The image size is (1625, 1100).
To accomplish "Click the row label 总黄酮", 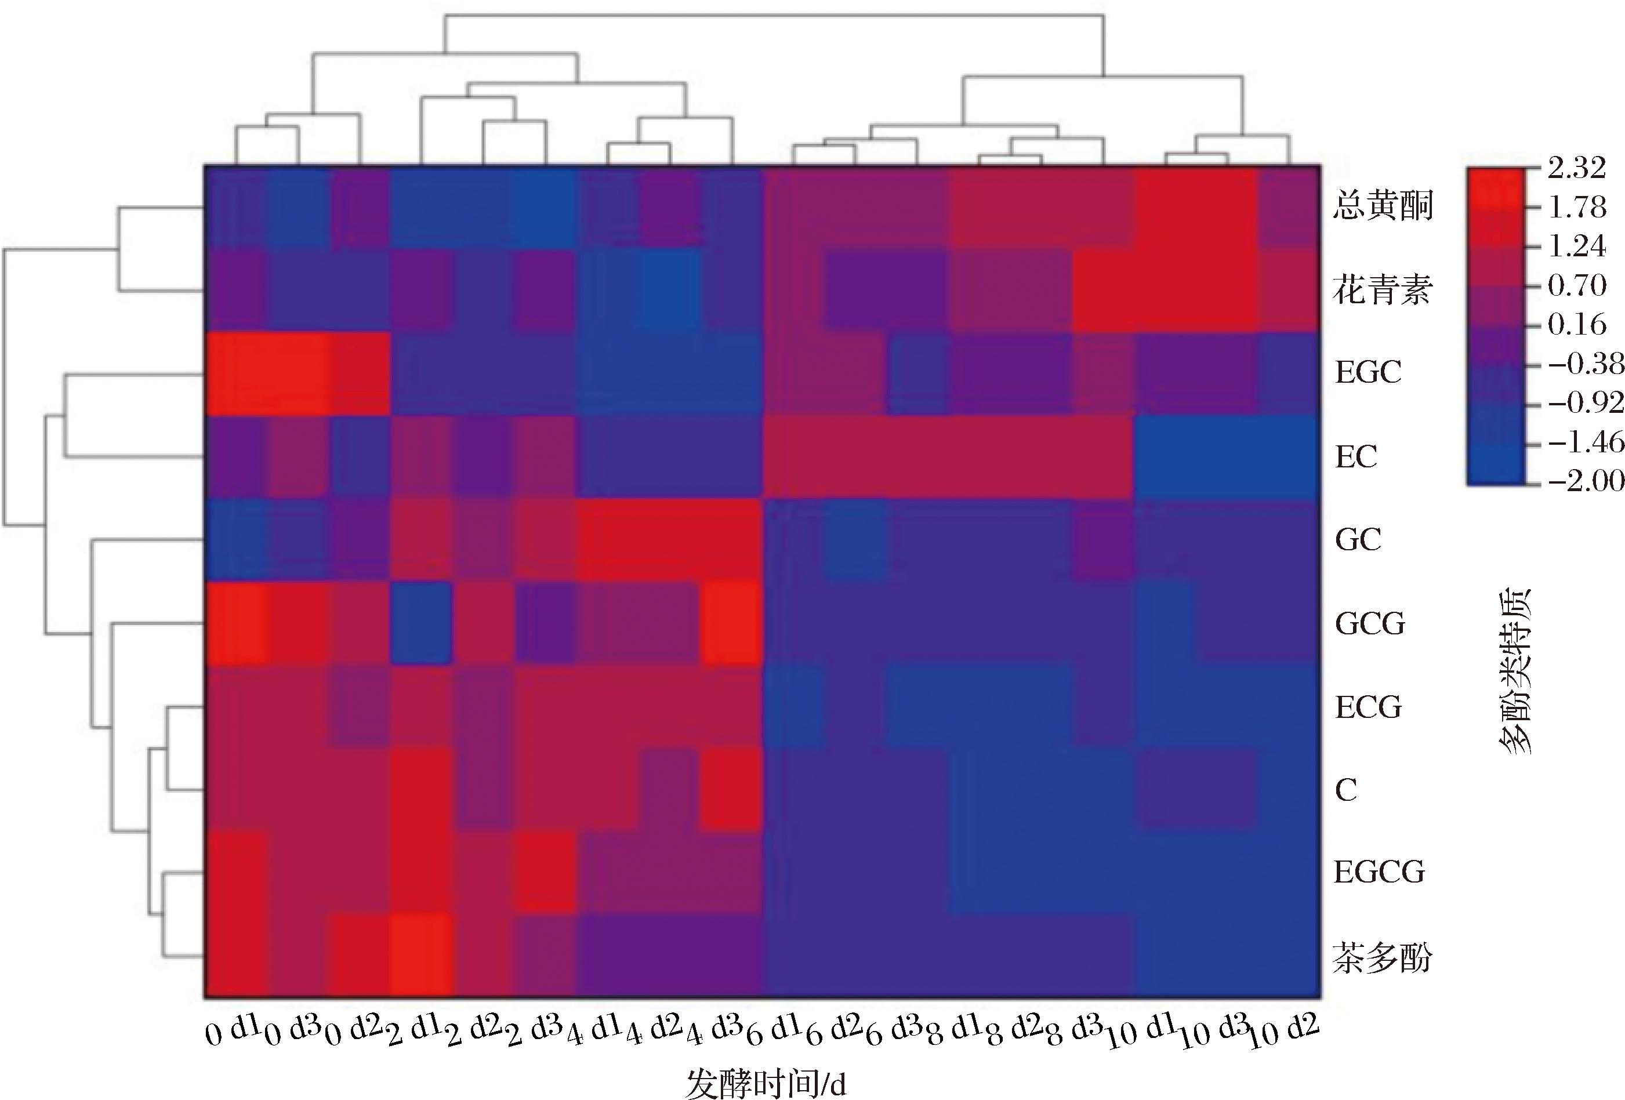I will pyautogui.click(x=1383, y=206).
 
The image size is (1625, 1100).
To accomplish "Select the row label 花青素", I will pyautogui.click(x=1383, y=289).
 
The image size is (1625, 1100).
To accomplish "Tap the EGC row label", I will pyautogui.click(x=1368, y=372).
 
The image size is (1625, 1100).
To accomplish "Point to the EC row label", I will pyautogui.click(x=1356, y=457).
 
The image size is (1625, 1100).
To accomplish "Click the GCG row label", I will pyautogui.click(x=1369, y=623).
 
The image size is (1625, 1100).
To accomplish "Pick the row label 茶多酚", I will pyautogui.click(x=1383, y=957).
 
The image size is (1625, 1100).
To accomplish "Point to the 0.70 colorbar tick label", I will pyautogui.click(x=1576, y=285).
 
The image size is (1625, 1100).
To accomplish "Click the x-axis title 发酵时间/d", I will pyautogui.click(x=766, y=1084).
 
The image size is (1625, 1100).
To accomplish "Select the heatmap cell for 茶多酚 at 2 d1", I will pyautogui.click(x=421, y=955).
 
